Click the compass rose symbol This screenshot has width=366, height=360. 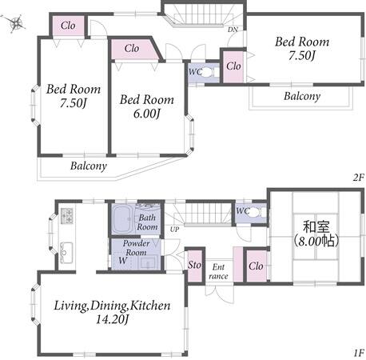point(16,23)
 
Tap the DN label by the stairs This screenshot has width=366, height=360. point(233,30)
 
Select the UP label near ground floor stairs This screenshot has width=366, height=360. point(174,230)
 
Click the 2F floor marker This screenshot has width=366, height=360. point(358,178)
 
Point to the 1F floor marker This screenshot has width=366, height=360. point(359,354)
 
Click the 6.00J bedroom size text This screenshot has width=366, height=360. point(147,114)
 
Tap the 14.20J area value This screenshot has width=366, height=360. point(112,319)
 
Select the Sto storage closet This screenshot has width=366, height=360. point(195,265)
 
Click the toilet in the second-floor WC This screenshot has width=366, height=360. point(208,72)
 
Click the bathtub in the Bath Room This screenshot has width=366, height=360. point(122,219)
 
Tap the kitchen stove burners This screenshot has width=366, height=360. point(66,215)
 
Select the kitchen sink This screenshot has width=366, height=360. point(66,251)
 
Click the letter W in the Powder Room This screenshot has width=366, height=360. point(122,260)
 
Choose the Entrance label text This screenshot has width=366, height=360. point(218,271)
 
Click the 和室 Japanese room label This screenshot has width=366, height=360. point(316,227)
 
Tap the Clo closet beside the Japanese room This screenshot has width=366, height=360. point(256,266)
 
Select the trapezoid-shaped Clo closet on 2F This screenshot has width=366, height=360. point(134,50)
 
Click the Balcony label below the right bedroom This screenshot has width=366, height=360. point(302,96)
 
